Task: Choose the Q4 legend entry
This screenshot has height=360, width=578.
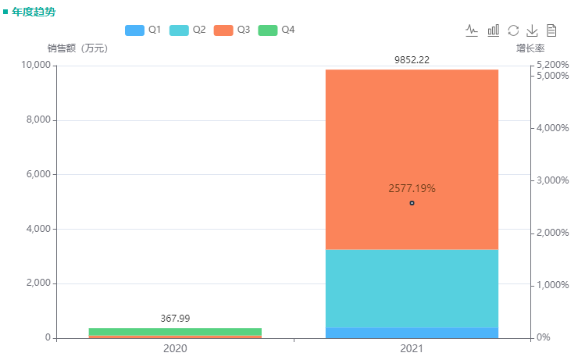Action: (x=277, y=30)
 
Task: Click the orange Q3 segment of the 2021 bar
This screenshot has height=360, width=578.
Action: (x=412, y=133)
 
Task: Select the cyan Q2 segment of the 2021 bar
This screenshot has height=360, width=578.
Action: (x=412, y=288)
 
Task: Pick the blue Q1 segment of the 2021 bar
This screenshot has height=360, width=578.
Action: (x=412, y=333)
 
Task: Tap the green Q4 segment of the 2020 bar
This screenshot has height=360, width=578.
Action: (x=175, y=331)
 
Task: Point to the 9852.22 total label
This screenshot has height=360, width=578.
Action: (x=412, y=59)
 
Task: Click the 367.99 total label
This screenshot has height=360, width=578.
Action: (x=175, y=318)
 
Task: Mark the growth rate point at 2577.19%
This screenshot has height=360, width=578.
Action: (x=412, y=203)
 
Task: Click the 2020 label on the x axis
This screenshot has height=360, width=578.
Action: (x=175, y=348)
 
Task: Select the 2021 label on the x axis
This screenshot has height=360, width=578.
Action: (x=412, y=348)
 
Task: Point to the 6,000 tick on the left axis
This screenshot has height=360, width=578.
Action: (x=34, y=174)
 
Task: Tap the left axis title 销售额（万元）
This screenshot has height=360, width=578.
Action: (x=77, y=48)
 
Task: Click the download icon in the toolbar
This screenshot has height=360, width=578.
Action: (x=532, y=30)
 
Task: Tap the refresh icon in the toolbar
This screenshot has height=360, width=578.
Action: (x=513, y=30)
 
